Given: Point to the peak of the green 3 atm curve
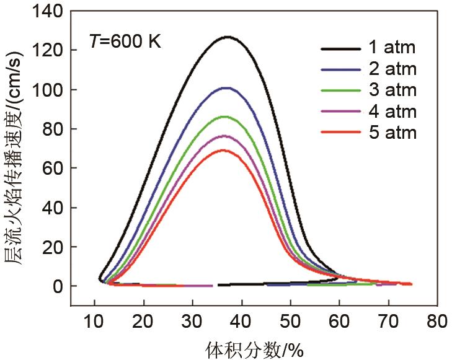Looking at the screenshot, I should click(x=226, y=116).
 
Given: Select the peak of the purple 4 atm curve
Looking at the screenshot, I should click(x=224, y=136).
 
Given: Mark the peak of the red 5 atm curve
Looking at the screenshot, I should click(x=223, y=150).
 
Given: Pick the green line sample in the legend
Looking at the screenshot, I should click(x=341, y=90).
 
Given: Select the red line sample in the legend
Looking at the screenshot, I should click(x=341, y=132).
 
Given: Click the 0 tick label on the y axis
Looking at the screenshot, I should click(x=57, y=287).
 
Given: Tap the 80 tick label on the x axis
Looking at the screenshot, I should click(x=437, y=322).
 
